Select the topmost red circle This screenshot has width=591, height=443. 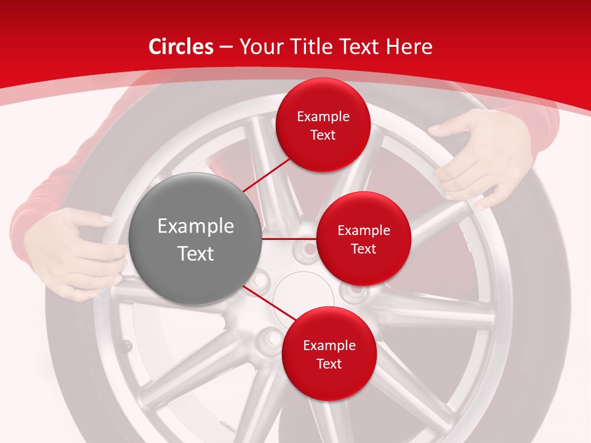tap(323, 125)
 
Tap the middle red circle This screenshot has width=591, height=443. tap(363, 239)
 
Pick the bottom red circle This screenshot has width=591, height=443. tap(329, 354)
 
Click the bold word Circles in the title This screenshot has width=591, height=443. tap(181, 47)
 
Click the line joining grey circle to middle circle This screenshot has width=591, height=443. tap(289, 239)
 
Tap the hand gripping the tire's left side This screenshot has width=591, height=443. tap(77, 252)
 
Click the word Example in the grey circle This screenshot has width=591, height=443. tap(196, 226)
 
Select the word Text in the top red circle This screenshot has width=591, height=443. tap(323, 135)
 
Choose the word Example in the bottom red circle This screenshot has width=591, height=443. tap(329, 345)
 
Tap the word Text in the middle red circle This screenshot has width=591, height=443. tap(363, 249)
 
